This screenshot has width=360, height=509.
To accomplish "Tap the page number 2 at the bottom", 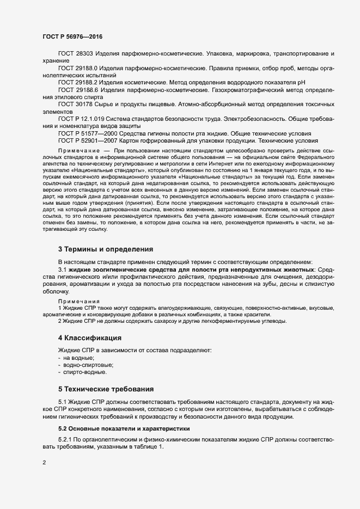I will click(44, 463).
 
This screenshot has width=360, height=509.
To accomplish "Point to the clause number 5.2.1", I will click(66, 439).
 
